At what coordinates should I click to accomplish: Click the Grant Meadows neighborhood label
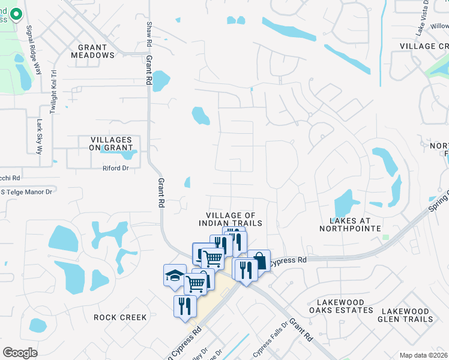pyautogui.click(x=92, y=51)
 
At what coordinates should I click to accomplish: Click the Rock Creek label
pyautogui.click(x=120, y=317)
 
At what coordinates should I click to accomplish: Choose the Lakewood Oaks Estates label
pyautogui.click(x=341, y=306)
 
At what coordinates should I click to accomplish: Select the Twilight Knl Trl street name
pyautogui.click(x=53, y=90)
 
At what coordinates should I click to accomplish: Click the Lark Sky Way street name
pyautogui.click(x=40, y=136)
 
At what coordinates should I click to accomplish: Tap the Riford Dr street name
pyautogui.click(x=116, y=169)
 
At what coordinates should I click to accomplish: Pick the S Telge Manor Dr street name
pyautogui.click(x=28, y=191)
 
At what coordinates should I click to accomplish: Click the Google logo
pyautogui.click(x=20, y=353)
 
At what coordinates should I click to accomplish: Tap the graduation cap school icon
pyautogui.click(x=175, y=275)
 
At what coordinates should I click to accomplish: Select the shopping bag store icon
pyautogui.click(x=259, y=260)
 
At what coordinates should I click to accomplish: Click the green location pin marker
pyautogui.click(x=15, y=13)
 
